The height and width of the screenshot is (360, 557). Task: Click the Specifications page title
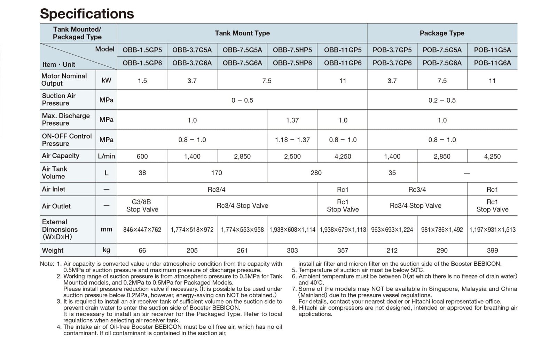coord(87,14)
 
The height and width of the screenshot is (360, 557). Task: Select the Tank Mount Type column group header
coord(242,33)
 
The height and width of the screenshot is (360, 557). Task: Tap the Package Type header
coord(442,33)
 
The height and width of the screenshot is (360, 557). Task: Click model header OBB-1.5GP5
coord(142,50)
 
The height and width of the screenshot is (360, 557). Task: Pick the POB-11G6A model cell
coord(492,63)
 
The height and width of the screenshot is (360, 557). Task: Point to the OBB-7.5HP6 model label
coord(292,63)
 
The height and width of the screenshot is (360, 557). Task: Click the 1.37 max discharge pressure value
coord(292,120)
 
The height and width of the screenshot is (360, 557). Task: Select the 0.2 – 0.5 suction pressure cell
coord(442,101)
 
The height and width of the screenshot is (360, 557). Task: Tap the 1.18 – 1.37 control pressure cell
coord(292,140)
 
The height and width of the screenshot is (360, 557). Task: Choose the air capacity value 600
coord(142,157)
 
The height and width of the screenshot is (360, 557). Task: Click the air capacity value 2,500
coord(292,157)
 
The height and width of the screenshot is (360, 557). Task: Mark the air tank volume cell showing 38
coord(142,173)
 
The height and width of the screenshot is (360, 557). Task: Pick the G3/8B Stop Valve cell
coord(142,206)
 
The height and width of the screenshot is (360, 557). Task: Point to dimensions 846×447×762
coord(142,230)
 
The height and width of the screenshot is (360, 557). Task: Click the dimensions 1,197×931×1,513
coord(492,230)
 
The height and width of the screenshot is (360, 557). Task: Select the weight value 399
coord(492,250)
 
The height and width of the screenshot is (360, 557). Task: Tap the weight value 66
coord(142,250)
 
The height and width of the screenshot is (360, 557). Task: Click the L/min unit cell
coord(106,157)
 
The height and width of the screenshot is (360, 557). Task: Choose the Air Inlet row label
coord(54,189)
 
